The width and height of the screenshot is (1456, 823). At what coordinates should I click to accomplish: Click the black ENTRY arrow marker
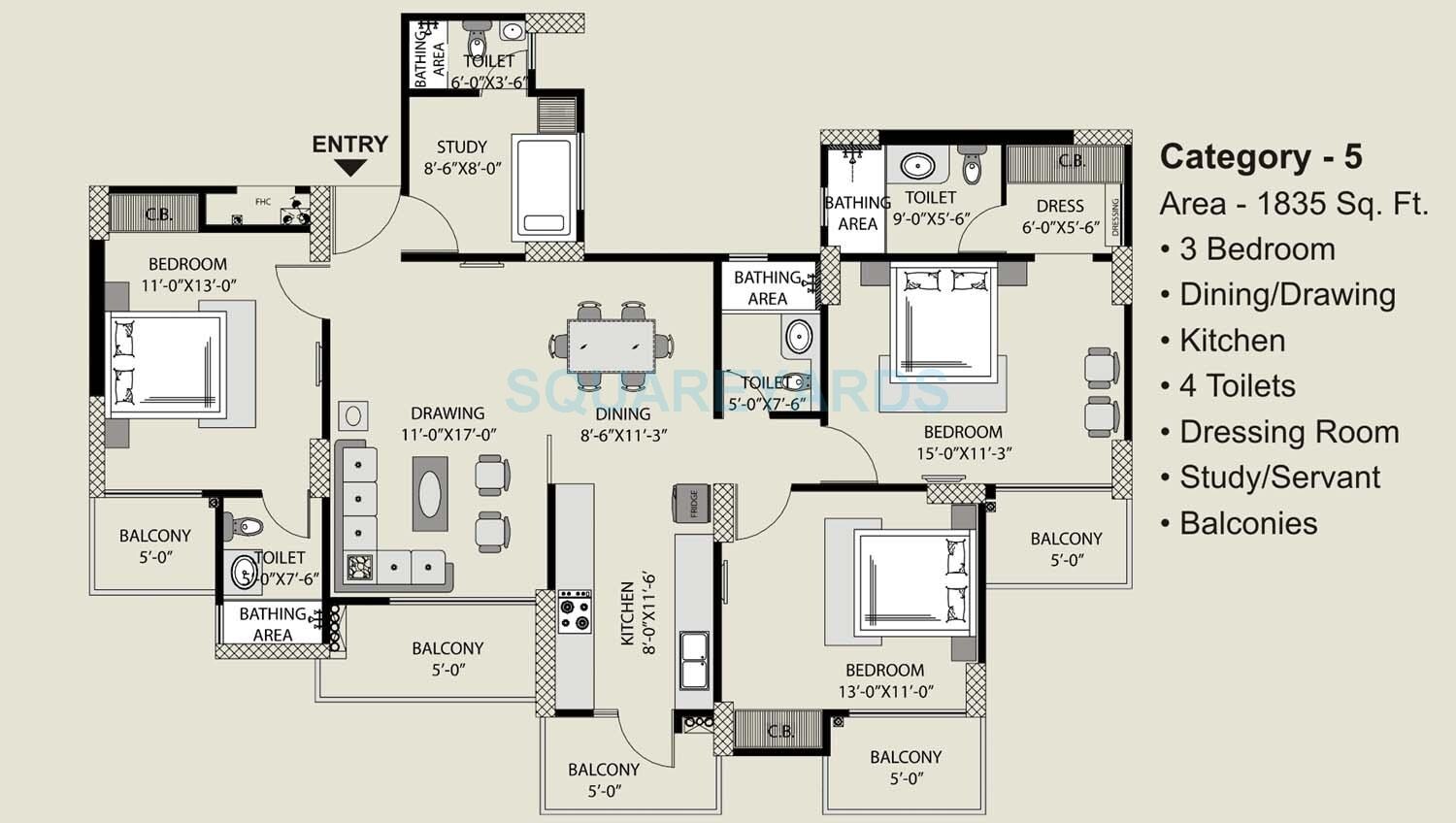350,168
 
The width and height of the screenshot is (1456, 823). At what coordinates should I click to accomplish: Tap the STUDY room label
462,148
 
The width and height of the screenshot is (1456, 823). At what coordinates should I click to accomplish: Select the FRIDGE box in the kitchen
693,505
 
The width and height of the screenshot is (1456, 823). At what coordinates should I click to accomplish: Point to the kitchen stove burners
575,611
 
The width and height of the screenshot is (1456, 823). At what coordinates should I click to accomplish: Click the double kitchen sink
694,660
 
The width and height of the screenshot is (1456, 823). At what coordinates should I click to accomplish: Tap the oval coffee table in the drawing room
430,493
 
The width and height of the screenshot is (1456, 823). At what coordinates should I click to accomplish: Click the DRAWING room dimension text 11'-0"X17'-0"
448,435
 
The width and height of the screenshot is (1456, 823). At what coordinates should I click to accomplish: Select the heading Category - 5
1261,157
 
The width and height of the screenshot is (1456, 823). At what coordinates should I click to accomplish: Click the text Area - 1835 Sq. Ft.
1294,204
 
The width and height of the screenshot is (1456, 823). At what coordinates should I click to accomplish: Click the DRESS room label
1060,206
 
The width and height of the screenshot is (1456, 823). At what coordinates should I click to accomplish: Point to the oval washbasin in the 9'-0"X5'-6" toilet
917,166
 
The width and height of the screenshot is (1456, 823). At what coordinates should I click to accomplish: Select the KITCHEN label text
628,613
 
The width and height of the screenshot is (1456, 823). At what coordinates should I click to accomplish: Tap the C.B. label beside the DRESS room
1072,161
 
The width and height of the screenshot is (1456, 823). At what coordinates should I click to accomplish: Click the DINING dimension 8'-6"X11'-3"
623,436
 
